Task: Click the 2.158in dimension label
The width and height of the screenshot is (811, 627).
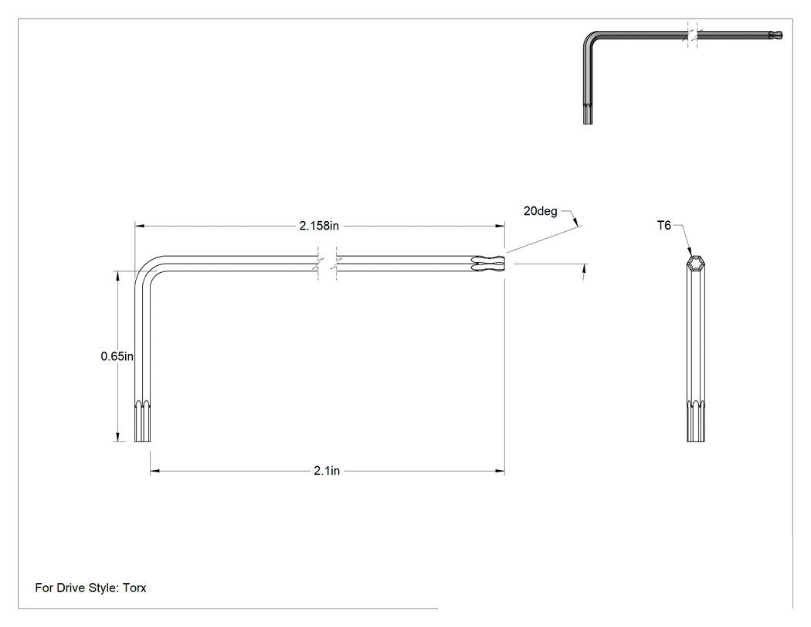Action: tap(319, 226)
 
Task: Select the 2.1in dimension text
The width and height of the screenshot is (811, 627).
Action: tap(327, 471)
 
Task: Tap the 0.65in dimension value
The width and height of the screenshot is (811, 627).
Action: tap(117, 356)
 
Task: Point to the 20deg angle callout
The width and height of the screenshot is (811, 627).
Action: tap(541, 211)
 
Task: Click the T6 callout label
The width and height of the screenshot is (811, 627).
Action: tap(664, 225)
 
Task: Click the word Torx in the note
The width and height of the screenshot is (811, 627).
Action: tap(134, 588)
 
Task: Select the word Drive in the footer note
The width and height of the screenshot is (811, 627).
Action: tap(70, 588)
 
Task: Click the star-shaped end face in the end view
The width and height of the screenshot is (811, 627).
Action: tap(696, 264)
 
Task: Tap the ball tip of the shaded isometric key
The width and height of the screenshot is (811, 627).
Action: tap(776, 36)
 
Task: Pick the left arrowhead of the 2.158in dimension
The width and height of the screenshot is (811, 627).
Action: tap(139, 226)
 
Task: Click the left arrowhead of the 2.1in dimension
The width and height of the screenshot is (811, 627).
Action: tap(154, 471)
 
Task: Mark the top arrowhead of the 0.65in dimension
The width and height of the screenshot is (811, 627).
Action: tap(118, 275)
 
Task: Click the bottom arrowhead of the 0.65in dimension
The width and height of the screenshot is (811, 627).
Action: tap(118, 437)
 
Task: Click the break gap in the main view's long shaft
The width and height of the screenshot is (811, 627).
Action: tap(327, 264)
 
